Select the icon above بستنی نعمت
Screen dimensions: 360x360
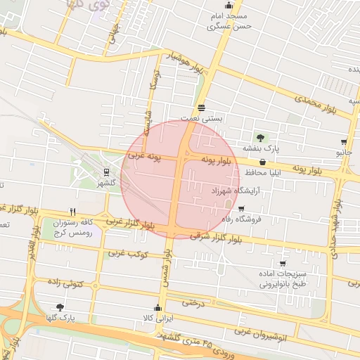pyautogui.click(x=202, y=108)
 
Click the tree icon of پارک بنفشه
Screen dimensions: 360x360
pyautogui.click(x=261, y=137)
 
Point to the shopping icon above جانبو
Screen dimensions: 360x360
pyautogui.click(x=344, y=141)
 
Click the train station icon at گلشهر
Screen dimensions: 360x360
pyautogui.click(x=106, y=171)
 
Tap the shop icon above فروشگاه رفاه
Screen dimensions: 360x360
pyautogui.click(x=242, y=209)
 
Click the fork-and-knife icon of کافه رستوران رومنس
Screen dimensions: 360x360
pyautogui.click(x=72, y=211)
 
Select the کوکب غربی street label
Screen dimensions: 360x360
pyautogui.click(x=127, y=255)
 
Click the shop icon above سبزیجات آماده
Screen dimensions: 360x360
pyautogui.click(x=283, y=264)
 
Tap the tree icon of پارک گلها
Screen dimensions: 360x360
pyautogui.click(x=59, y=307)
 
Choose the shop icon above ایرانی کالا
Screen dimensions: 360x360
pyautogui.click(x=157, y=308)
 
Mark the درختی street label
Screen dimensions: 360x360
pyautogui.click(x=193, y=302)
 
